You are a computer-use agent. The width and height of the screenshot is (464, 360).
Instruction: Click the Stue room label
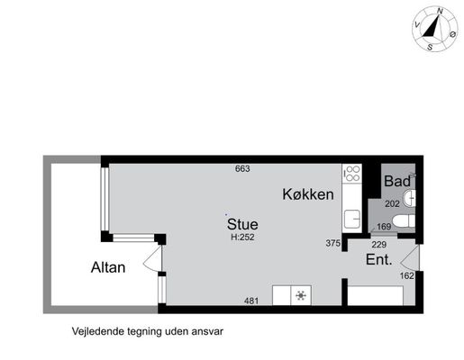tap(242, 224)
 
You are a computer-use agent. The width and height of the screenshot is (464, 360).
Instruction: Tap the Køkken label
tap(308, 194)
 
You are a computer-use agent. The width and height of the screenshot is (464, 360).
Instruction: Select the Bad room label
tap(397, 181)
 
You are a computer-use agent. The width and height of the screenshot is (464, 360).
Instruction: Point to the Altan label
tap(108, 267)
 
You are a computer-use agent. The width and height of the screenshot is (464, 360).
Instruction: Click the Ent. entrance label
tap(379, 259)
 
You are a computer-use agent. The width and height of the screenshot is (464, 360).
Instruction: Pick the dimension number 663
tap(242, 169)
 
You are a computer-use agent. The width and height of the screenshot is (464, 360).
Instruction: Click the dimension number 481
tap(251, 301)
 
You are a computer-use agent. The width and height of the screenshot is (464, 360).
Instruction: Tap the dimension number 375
tap(333, 243)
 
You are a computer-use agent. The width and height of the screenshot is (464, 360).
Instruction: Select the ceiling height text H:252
tap(242, 237)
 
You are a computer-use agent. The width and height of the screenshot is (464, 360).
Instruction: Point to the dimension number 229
tap(379, 245)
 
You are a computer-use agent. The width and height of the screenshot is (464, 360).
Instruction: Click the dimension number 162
tap(407, 275)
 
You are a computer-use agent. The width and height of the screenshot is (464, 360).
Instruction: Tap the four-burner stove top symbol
tap(351, 173)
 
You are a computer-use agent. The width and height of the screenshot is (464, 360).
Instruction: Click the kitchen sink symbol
tap(352, 219)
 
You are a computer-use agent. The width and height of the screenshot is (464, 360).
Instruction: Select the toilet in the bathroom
tap(404, 221)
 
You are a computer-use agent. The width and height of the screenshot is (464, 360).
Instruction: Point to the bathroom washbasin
tap(409, 198)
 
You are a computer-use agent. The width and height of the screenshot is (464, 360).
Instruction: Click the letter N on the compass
tap(440, 11)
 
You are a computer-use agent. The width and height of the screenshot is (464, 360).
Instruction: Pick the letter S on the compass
tap(430, 47)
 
